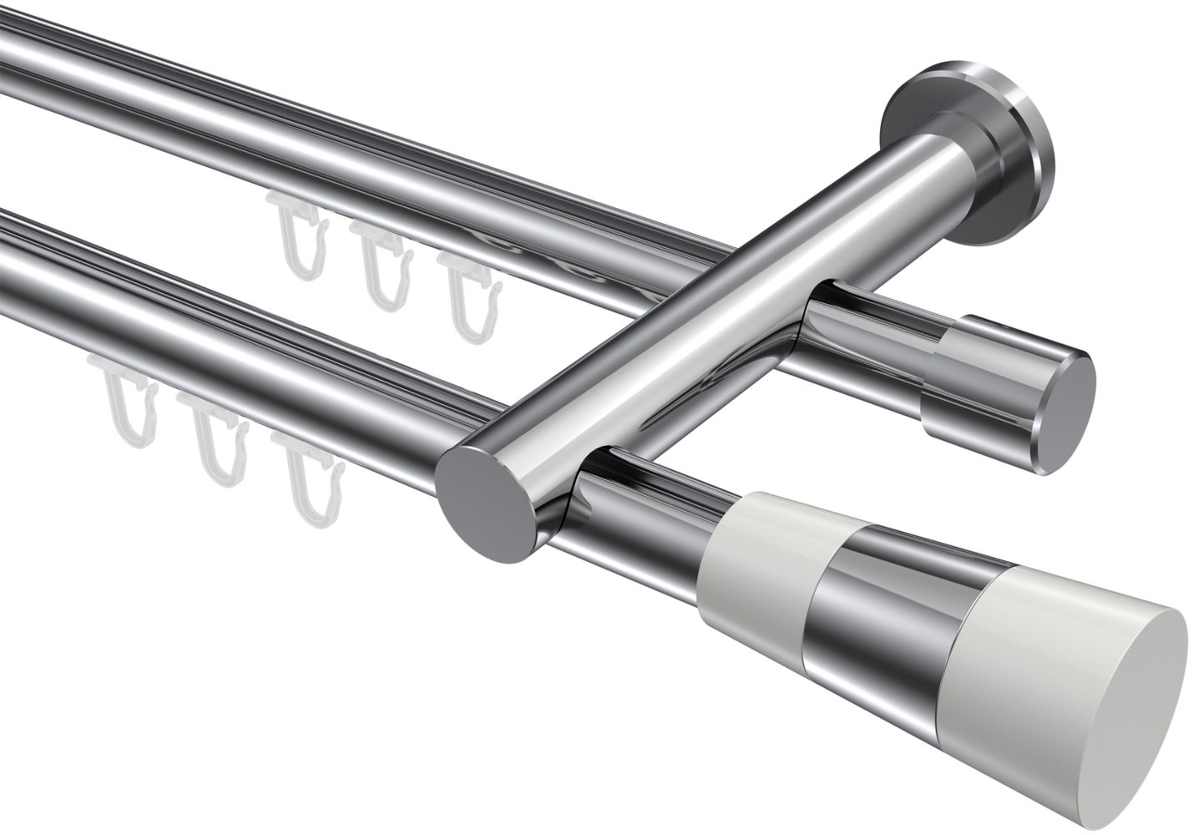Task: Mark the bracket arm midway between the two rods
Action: point(668,334)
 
